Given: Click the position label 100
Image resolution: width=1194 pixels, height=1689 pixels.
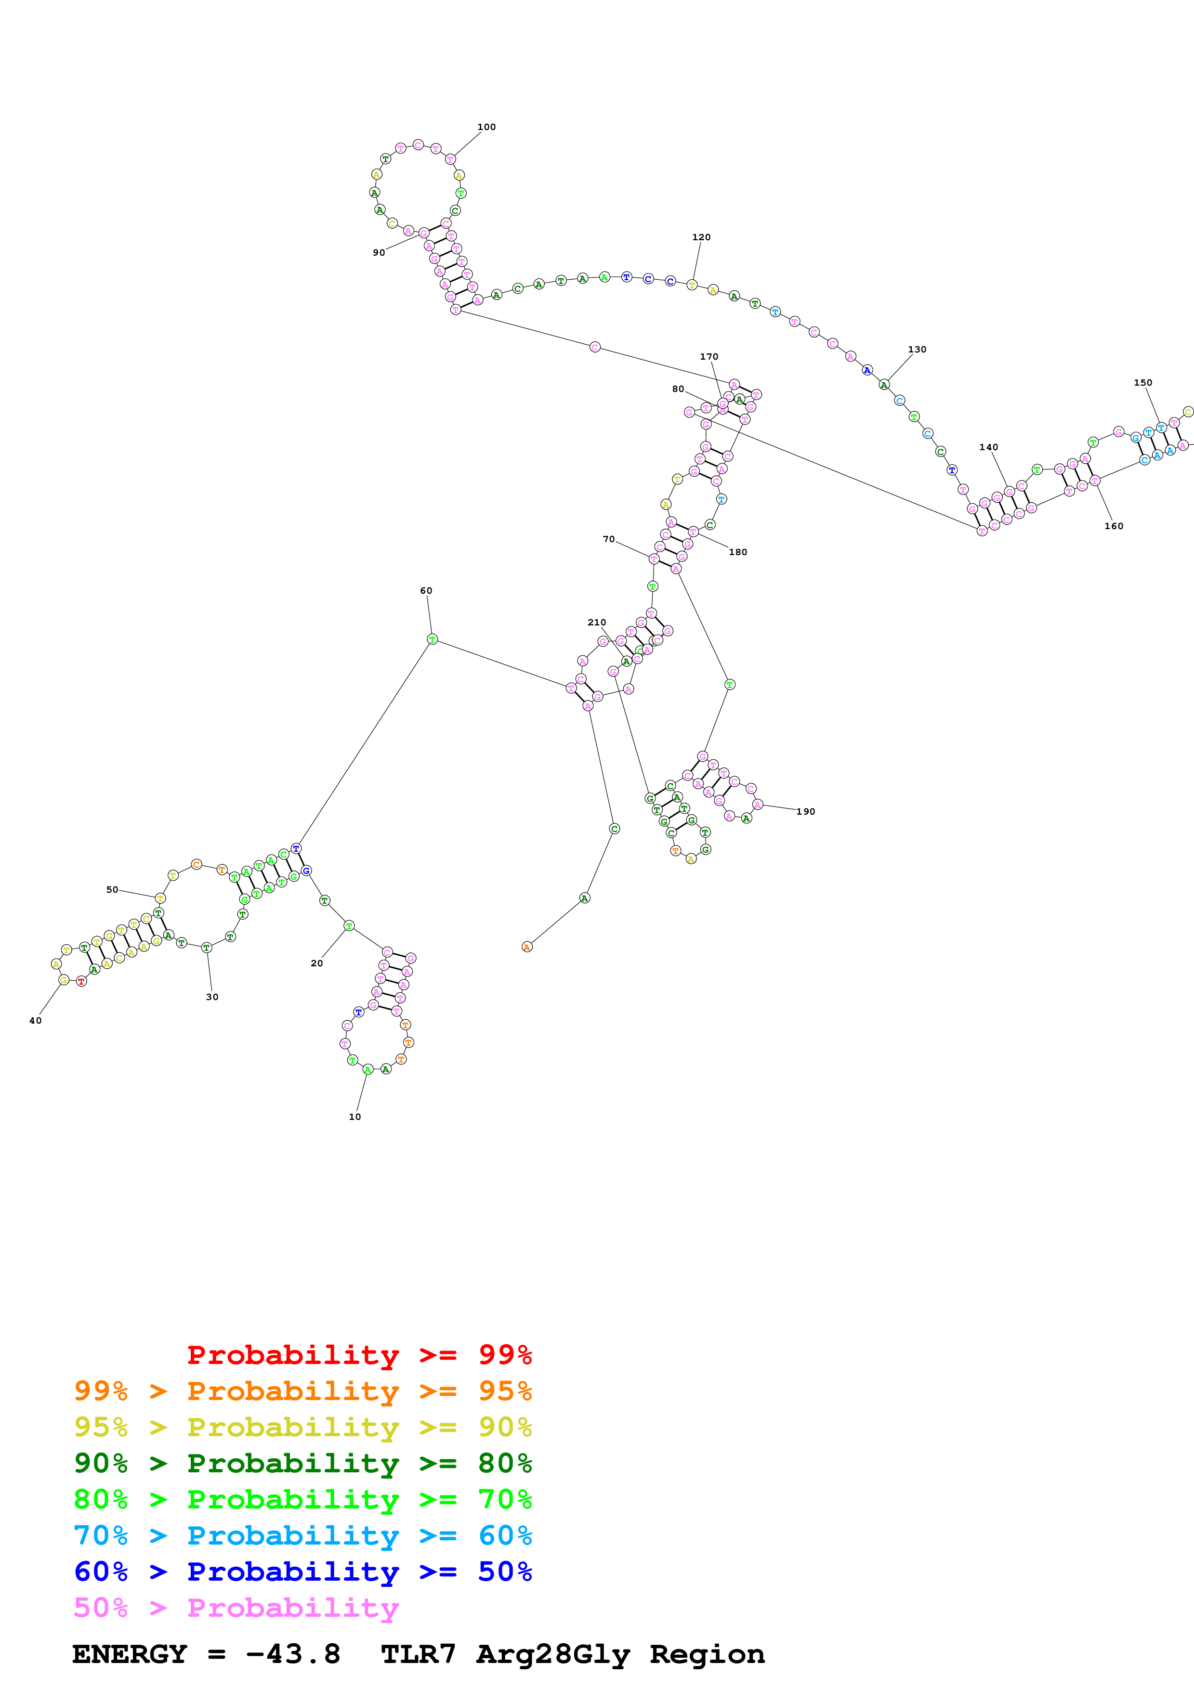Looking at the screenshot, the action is [486, 127].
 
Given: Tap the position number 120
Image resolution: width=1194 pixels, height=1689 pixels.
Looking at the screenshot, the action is [701, 238].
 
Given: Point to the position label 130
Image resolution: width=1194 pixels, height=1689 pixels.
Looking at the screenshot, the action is [917, 350].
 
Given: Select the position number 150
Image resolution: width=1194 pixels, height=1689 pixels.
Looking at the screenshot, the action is [1142, 382].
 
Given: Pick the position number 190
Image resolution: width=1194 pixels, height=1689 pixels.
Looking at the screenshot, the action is [806, 811].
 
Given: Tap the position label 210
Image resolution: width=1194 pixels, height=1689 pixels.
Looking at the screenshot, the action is [597, 623].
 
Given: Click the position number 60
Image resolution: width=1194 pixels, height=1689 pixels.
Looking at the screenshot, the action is [426, 591].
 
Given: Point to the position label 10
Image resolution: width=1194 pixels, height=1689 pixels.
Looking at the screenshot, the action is [354, 1117].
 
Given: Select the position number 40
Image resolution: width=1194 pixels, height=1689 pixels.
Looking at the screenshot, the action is [35, 1020].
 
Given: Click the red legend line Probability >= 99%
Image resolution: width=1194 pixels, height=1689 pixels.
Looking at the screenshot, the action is [359, 1354].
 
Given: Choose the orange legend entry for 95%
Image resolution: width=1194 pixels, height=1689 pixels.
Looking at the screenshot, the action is [302, 1390].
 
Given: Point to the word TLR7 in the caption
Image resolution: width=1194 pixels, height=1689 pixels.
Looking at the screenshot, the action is [418, 1654].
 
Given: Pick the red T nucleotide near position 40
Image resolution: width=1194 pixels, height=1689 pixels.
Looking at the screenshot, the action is [82, 981].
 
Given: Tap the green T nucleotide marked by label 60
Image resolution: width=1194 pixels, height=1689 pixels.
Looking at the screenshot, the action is [432, 639].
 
